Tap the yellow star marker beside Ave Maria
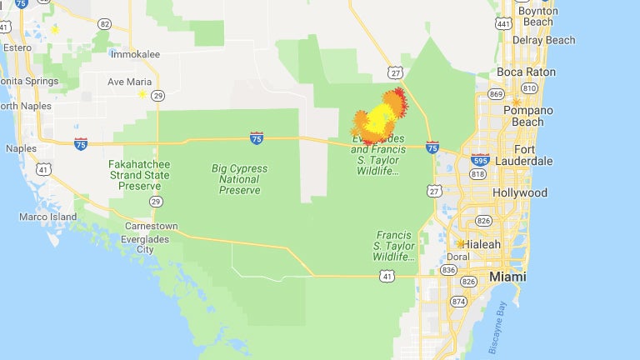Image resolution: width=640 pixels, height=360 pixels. (x=142, y=94)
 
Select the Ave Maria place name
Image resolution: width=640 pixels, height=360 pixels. (x=127, y=82)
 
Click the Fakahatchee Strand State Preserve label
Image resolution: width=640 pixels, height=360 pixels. (x=138, y=175)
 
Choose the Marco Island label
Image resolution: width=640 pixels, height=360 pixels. (x=47, y=217)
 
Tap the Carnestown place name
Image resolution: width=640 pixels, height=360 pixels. (x=150, y=226)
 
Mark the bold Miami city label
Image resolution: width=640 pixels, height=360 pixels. (x=507, y=277)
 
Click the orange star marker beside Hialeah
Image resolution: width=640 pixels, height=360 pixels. (x=461, y=243)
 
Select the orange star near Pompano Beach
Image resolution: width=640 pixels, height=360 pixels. (x=517, y=102)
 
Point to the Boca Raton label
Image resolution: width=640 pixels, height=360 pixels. (x=526, y=72)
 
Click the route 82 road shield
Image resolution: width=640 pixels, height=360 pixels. (x=104, y=24)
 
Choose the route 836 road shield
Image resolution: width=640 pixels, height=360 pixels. (x=449, y=269)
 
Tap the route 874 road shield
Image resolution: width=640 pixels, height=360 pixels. (x=458, y=301)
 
